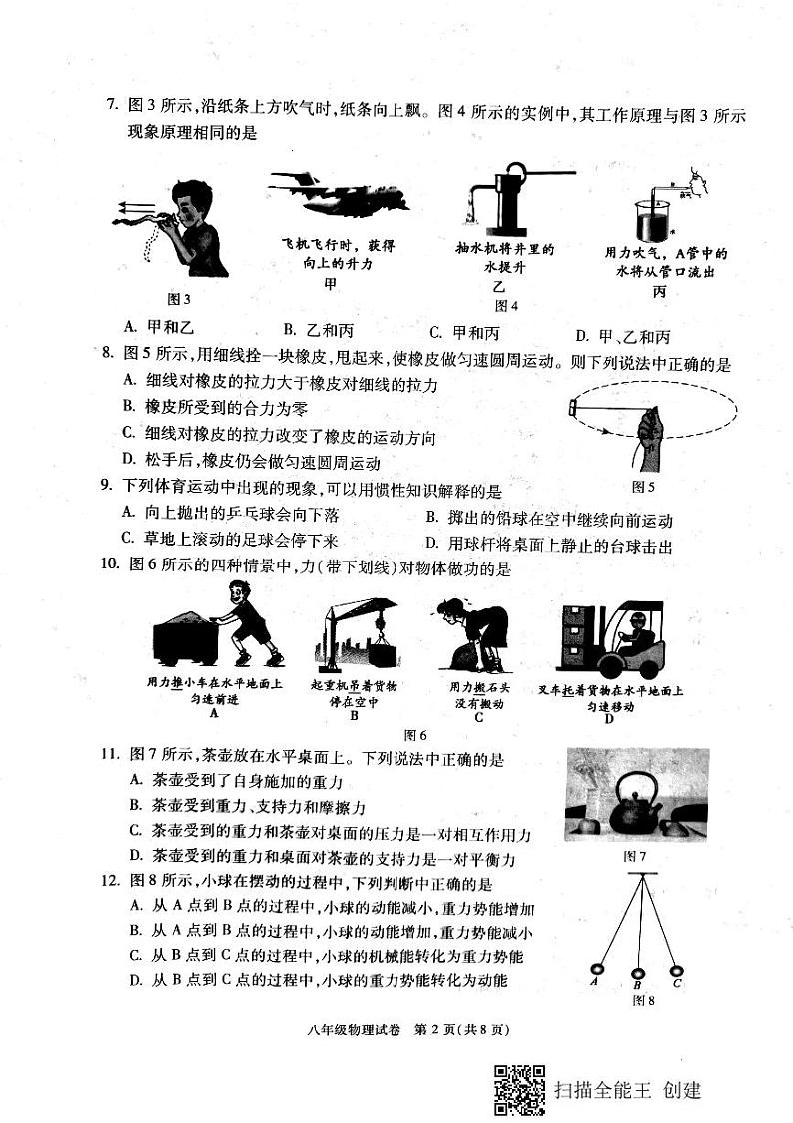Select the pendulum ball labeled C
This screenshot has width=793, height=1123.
(676, 968)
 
